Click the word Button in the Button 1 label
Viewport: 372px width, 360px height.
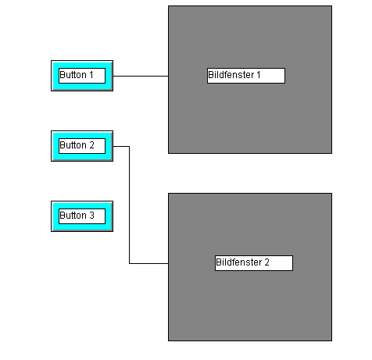click(x=73, y=75)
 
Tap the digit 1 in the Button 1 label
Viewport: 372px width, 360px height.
click(x=91, y=75)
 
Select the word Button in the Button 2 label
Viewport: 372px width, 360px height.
click(x=73, y=145)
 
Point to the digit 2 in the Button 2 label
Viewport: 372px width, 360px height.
click(x=91, y=145)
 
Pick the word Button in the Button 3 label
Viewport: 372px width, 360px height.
click(x=73, y=216)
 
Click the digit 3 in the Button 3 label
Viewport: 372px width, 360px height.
click(x=91, y=216)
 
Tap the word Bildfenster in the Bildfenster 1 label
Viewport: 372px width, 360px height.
click(x=231, y=75)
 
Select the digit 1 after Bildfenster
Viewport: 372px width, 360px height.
click(x=259, y=75)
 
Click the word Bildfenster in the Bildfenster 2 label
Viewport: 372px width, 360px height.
click(x=239, y=262)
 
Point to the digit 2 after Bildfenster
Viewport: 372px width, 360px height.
click(x=266, y=262)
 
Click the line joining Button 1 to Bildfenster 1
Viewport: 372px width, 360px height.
click(x=141, y=76)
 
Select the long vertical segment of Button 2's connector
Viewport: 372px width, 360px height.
click(x=129, y=205)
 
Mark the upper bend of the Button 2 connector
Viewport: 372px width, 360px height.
click(x=129, y=147)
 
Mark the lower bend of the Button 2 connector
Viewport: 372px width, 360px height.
click(x=129, y=263)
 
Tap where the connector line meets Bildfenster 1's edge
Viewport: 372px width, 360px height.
click(x=168, y=76)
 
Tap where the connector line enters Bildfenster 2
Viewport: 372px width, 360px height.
click(x=168, y=263)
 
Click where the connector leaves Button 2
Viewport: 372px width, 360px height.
click(x=113, y=147)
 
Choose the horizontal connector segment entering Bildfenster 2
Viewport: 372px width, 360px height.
click(x=148, y=263)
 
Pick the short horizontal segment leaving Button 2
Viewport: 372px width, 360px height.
click(x=121, y=147)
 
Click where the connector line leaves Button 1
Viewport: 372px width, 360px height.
click(x=113, y=76)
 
